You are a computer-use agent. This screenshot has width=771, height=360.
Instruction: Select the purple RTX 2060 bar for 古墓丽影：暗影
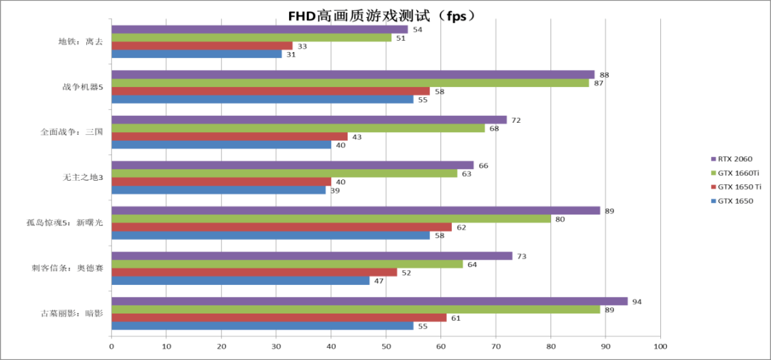[x=369, y=301]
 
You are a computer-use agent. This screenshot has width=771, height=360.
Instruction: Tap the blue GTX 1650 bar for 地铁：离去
[x=196, y=54]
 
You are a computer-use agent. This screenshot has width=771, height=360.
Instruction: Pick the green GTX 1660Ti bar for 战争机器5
[x=350, y=83]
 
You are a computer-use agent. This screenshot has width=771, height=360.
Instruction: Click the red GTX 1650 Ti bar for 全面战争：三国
[x=229, y=136]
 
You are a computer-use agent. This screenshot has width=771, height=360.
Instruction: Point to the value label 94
[x=637, y=301]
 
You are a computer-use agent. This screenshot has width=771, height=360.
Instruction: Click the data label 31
[x=291, y=54]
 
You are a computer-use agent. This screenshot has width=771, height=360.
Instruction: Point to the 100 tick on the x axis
[x=660, y=346]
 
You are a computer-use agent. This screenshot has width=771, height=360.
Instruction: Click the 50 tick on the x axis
[x=386, y=346]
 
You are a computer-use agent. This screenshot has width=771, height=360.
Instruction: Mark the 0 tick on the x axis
[x=111, y=346]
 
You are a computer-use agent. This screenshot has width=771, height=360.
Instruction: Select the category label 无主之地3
[x=83, y=177]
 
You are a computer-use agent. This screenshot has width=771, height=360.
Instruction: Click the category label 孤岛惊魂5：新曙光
[x=66, y=223]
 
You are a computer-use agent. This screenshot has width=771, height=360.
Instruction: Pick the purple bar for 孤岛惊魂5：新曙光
[x=356, y=211]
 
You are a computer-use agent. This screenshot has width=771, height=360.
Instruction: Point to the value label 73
[x=522, y=256]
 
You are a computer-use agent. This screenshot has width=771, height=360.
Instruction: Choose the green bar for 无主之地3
[x=284, y=173]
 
